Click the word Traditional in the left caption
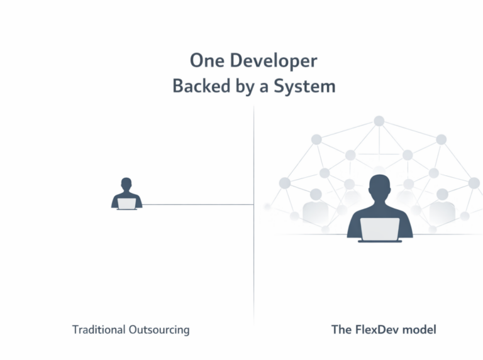[99, 329]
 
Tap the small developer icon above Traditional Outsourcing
[126, 194]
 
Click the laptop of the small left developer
[126, 204]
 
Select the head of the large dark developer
[379, 187]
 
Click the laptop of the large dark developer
[379, 229]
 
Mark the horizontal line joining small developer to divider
[198, 204]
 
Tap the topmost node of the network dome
[379, 121]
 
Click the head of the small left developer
[126, 184]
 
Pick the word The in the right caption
[342, 329]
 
